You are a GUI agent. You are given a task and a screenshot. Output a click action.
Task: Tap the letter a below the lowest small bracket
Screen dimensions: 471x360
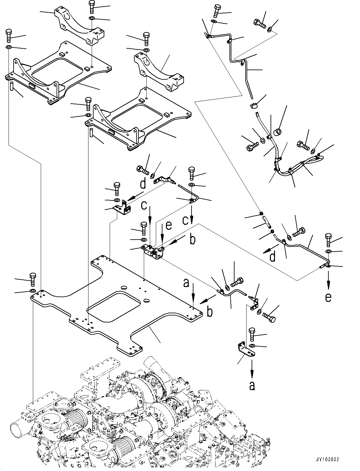pyautogui.click(x=252, y=385)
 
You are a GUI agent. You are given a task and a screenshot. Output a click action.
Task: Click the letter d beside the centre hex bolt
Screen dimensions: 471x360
pyautogui.click(x=143, y=183)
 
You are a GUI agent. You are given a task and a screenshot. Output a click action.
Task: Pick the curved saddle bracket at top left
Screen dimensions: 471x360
pyautogui.click(x=79, y=27)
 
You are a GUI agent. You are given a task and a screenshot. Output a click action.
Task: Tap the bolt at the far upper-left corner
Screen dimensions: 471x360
pyautogui.click(x=9, y=35)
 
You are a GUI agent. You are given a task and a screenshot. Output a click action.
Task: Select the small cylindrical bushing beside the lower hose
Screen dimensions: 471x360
pyautogui.click(x=278, y=131)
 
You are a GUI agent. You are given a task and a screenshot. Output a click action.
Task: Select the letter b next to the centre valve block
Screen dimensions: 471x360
pyautogui.click(x=192, y=239)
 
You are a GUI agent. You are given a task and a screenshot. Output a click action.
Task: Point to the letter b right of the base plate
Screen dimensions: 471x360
pyautogui.click(x=210, y=312)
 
